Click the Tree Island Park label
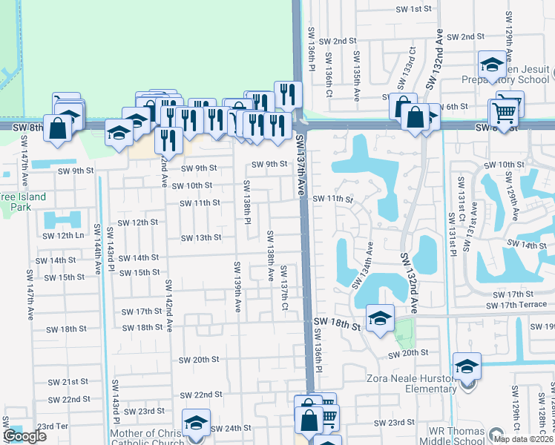click(22, 202)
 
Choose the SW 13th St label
click(202, 237)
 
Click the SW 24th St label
click(231, 429)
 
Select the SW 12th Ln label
click(64, 235)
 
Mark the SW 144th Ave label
click(98, 244)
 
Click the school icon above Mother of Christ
click(197, 422)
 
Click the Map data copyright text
click(523, 438)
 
